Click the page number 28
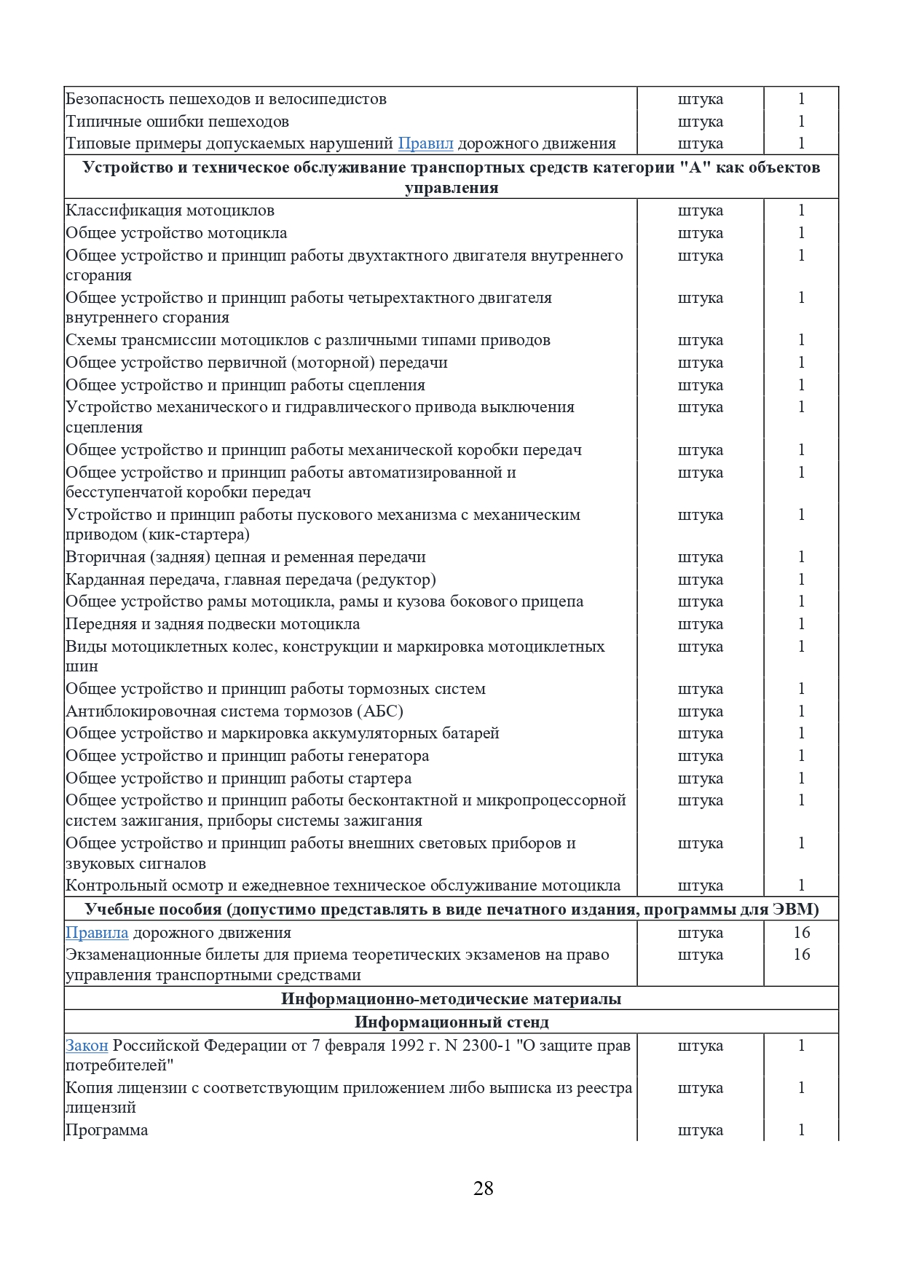(483, 1188)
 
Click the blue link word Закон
(87, 1046)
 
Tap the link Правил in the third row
(425, 143)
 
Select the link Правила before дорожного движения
(97, 933)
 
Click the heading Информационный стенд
(451, 1022)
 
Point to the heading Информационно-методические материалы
(451, 998)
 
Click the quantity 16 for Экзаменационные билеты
(801, 955)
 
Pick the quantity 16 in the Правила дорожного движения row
(801, 933)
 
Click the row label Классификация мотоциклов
(170, 210)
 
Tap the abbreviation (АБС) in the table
(378, 711)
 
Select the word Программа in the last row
(106, 1130)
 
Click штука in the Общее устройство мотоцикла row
(700, 233)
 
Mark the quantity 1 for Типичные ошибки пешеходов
(801, 122)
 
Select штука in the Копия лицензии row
(700, 1088)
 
